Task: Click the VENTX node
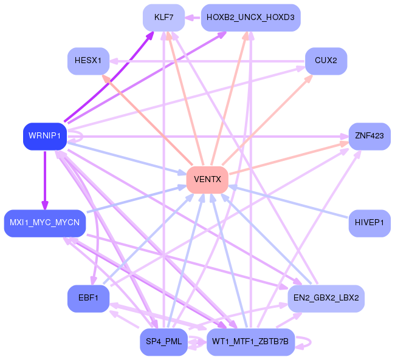pos(207,180)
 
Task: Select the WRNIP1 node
pos(45,137)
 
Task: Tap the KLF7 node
pos(163,18)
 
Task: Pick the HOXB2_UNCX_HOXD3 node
pos(250,18)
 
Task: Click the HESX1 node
pos(89,61)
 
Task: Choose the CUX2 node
pos(326,61)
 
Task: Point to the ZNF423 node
pos(369,137)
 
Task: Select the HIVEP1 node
pos(369,223)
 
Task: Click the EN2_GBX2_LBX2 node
pos(326,299)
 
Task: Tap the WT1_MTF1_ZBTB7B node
pos(250,342)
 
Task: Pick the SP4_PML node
pos(163,342)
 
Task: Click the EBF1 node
pos(89,299)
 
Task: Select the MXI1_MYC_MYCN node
pos(45,223)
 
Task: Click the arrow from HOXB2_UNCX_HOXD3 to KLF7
pos(193,18)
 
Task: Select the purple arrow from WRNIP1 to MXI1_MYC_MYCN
pos(45,180)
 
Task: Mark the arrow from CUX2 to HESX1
pos(207,61)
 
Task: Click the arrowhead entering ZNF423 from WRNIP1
pos(345,137)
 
